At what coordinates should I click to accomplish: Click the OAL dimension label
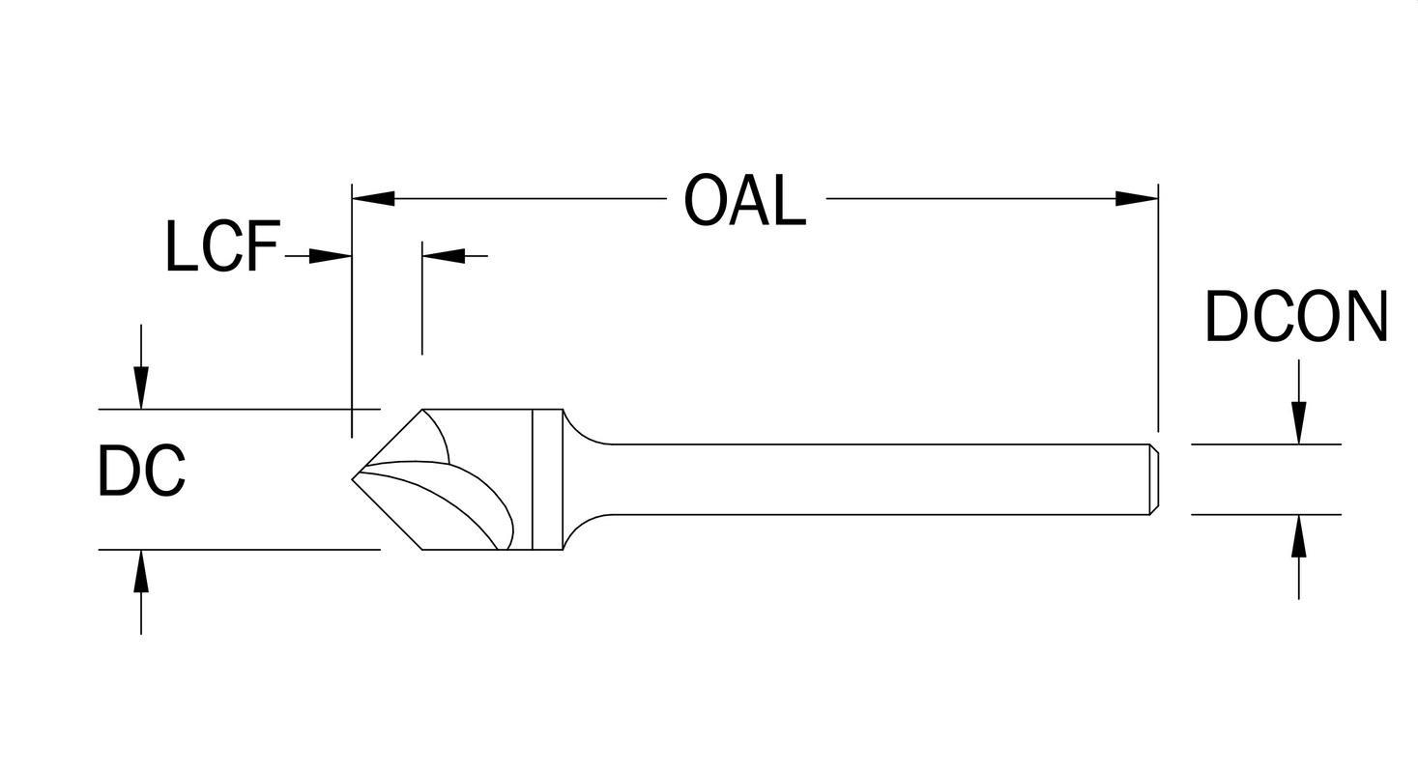744,200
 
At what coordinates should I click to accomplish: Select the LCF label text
222,246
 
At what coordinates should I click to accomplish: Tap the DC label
141,472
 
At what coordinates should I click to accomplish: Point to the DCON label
1296,316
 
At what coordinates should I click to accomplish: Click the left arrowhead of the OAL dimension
373,199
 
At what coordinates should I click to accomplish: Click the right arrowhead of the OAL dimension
1137,199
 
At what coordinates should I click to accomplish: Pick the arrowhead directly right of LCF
331,256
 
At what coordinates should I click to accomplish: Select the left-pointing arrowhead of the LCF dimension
444,256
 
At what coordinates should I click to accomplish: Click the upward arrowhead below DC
141,571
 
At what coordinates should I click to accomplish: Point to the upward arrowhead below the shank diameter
1298,536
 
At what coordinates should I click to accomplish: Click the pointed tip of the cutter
354,478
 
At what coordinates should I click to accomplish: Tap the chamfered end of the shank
1153,479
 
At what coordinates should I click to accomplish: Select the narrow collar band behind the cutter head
547,479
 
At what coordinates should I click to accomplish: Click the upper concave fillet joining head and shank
582,432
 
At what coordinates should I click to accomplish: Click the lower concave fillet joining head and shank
582,527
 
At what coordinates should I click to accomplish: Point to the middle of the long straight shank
880,479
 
